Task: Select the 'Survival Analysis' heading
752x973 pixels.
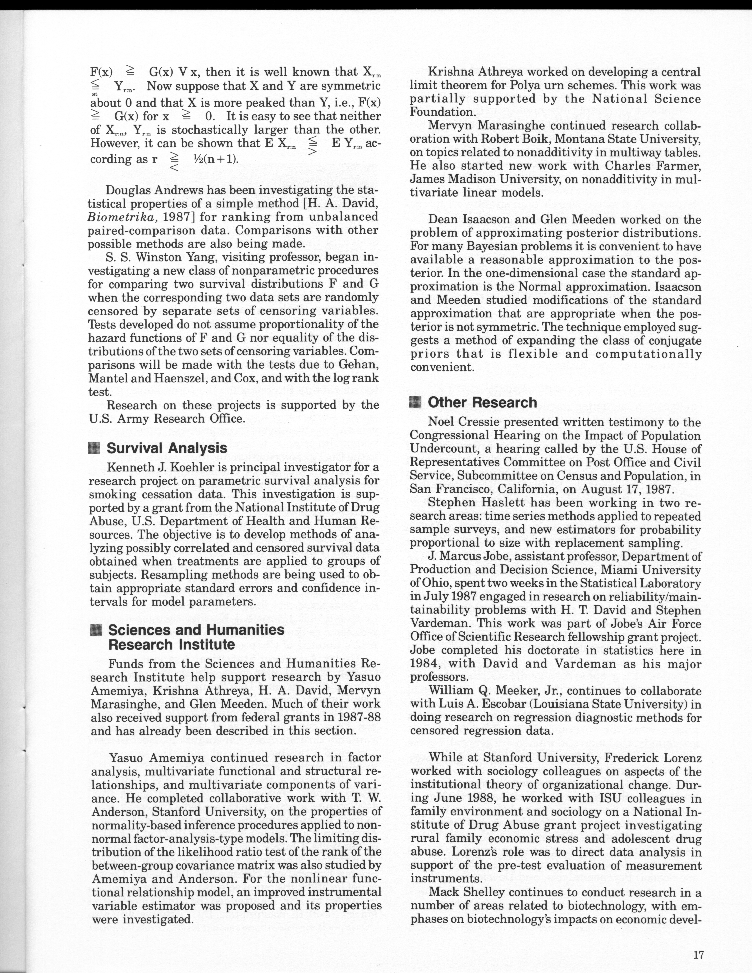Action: click(x=167, y=448)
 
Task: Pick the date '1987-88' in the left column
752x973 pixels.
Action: click(x=359, y=718)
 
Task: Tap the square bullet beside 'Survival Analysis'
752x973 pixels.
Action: click(x=95, y=448)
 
